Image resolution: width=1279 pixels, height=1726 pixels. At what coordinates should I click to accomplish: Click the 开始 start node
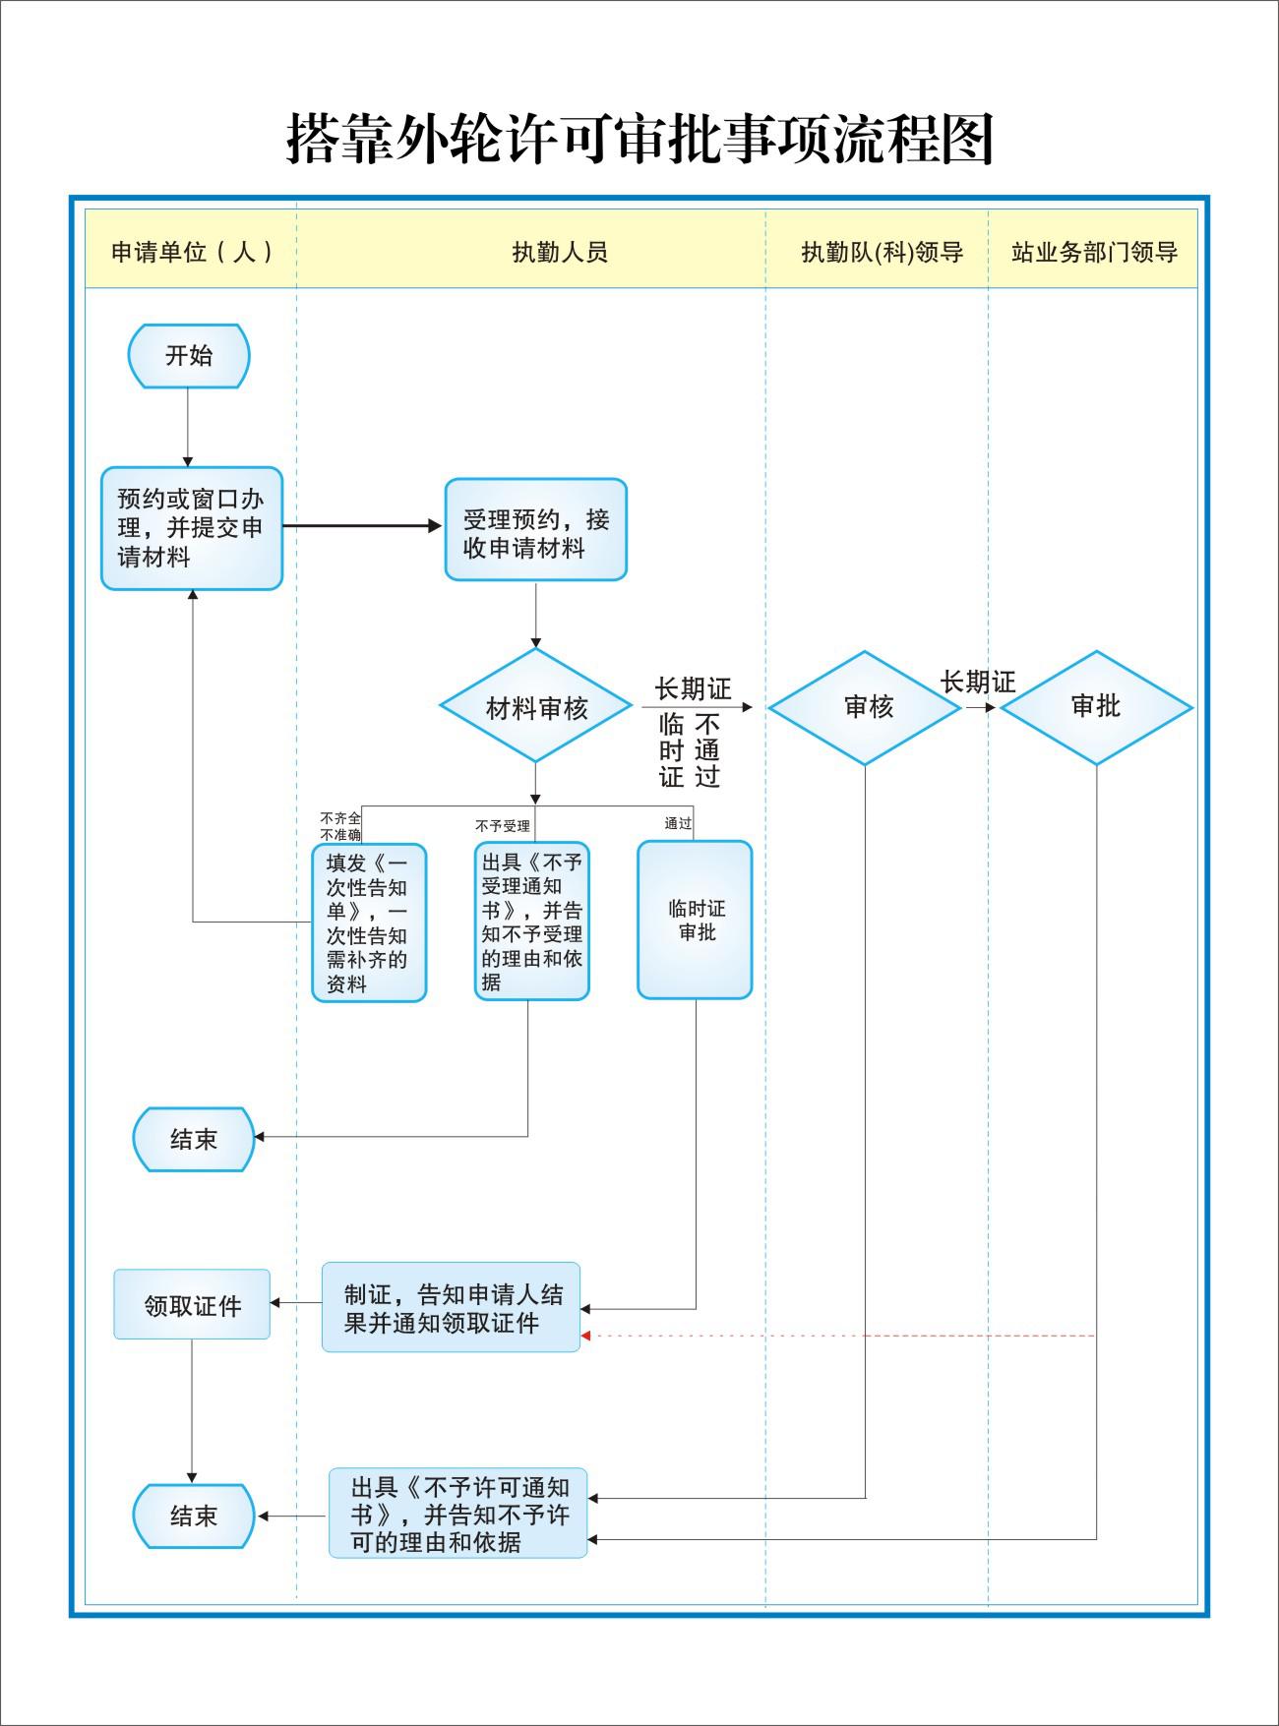click(x=189, y=355)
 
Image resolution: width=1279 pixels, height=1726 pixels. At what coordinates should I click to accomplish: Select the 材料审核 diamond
click(x=535, y=705)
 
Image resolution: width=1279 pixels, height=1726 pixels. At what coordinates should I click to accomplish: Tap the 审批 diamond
click(x=1096, y=707)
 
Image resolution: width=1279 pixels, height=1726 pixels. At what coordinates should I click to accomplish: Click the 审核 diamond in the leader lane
click(x=865, y=707)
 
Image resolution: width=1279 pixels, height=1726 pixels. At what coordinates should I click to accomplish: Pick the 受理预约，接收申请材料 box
click(x=536, y=530)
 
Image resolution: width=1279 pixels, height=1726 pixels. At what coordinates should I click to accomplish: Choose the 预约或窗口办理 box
click(x=192, y=528)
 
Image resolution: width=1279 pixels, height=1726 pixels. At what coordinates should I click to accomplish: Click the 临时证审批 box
click(x=695, y=920)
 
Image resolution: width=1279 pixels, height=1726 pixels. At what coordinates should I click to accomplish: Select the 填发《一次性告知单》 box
click(x=369, y=923)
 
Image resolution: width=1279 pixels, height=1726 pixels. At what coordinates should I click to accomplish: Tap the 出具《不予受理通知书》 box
click(x=532, y=921)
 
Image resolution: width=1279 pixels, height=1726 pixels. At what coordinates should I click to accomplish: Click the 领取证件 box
click(x=192, y=1304)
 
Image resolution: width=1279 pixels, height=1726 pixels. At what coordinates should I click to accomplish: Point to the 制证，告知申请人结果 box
click(x=451, y=1308)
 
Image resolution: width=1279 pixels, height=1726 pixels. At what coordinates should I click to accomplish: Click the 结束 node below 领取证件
click(x=194, y=1516)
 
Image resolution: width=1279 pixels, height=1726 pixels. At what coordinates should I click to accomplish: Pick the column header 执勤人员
click(x=560, y=253)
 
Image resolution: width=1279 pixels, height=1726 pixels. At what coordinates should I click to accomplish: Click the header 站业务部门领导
click(x=1094, y=253)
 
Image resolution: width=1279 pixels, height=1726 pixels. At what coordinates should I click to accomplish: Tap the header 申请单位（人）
click(x=192, y=253)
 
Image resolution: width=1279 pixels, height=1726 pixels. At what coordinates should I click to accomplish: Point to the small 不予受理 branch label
click(x=503, y=826)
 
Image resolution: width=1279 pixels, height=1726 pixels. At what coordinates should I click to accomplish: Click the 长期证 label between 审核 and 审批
click(x=978, y=682)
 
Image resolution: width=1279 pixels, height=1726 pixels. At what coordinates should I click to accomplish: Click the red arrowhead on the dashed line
click(x=585, y=1336)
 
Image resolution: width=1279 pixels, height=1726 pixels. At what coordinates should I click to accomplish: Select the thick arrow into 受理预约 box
click(x=363, y=526)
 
